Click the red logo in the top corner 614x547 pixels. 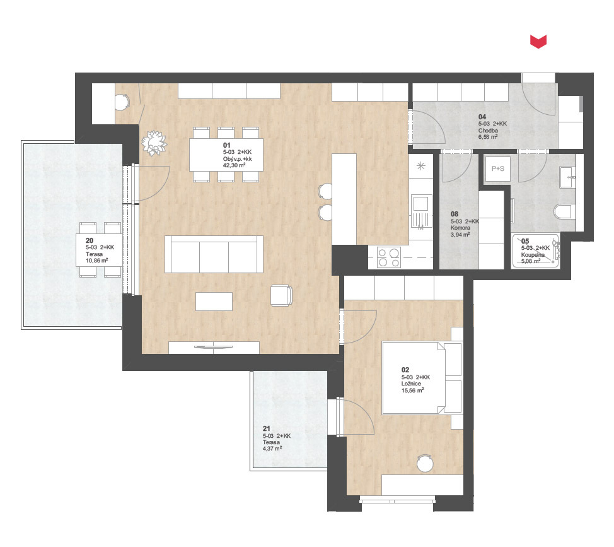[538, 42]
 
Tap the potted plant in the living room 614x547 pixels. [154, 143]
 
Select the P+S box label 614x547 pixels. [498, 169]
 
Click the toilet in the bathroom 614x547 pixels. [564, 211]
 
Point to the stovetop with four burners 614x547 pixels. [389, 257]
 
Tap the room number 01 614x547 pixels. [227, 145]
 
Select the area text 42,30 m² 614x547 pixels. [234, 165]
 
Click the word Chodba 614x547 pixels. [488, 131]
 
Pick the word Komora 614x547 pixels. [460, 228]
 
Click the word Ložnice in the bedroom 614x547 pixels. [411, 384]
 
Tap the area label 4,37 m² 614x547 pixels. [272, 449]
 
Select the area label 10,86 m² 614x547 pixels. [97, 261]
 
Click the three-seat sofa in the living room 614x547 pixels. [214, 254]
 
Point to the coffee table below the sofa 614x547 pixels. [214, 302]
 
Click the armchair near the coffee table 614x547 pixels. [281, 295]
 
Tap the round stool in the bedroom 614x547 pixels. [425, 463]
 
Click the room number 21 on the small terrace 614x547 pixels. [267, 428]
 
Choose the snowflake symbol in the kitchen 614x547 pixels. [421, 166]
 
